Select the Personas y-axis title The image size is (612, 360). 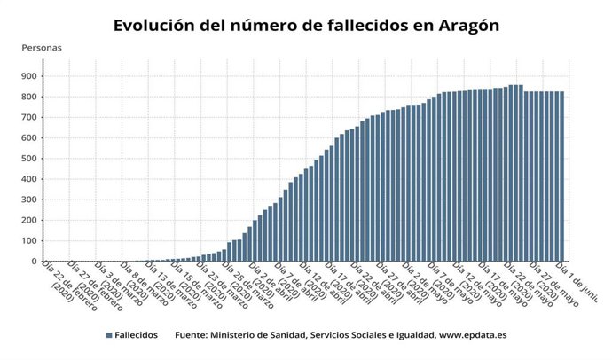(x=41, y=48)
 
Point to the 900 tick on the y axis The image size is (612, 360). (x=27, y=75)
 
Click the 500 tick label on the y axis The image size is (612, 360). (x=27, y=158)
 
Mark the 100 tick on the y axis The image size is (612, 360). (x=27, y=240)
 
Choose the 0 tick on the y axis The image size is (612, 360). (x=34, y=262)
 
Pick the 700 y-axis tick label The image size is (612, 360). (x=27, y=117)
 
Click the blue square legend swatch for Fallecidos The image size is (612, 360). (x=108, y=336)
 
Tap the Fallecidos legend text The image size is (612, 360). (x=137, y=336)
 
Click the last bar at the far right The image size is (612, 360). (x=561, y=176)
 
